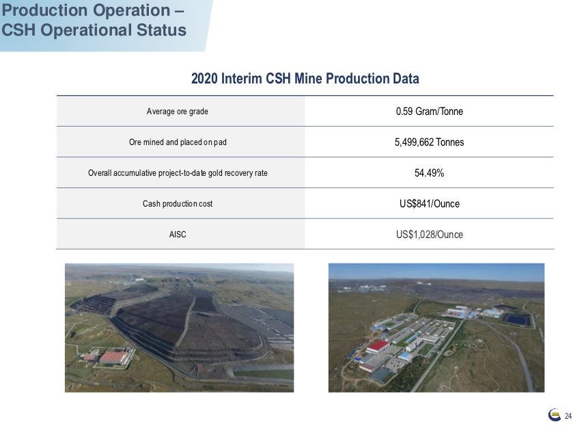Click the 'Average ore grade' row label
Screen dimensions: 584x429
pyautogui.click(x=178, y=111)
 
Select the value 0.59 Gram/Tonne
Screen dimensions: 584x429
pyautogui.click(x=430, y=111)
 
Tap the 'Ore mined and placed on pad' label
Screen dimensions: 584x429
pyautogui.click(x=178, y=142)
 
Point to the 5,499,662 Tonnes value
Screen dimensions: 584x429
pyautogui.click(x=430, y=142)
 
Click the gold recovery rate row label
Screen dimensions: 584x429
pyautogui.click(x=178, y=172)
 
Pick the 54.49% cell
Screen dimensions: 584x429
pyautogui.click(x=430, y=172)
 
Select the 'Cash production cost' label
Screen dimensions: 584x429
pyautogui.click(x=178, y=204)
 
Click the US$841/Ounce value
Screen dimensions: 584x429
pyautogui.click(x=430, y=204)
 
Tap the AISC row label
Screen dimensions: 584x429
pyautogui.click(x=178, y=234)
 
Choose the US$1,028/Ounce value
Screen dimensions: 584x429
pyautogui.click(x=430, y=234)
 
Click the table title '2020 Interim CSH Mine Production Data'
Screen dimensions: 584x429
pyautogui.click(x=305, y=79)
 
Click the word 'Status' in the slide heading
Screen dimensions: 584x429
pyautogui.click(x=161, y=30)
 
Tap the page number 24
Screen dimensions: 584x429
pyautogui.click(x=568, y=416)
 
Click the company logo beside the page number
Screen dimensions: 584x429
pyautogui.click(x=555, y=415)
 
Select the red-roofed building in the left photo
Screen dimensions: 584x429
pyautogui.click(x=113, y=357)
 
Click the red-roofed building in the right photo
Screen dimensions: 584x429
pyautogui.click(x=378, y=347)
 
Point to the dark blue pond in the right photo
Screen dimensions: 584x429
pyautogui.click(x=517, y=319)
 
